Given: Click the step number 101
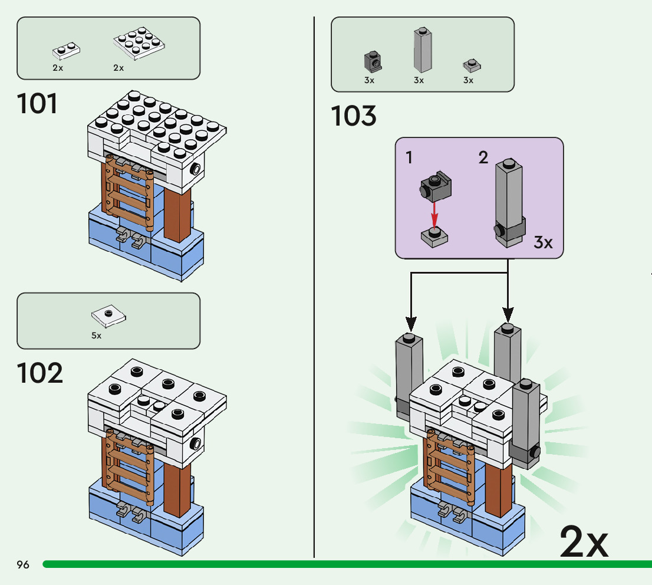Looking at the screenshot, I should point(38,104).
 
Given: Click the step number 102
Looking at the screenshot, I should point(39,373).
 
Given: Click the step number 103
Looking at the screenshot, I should point(353,116).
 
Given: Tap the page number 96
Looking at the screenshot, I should point(23,565).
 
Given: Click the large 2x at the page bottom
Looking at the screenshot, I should point(583,541).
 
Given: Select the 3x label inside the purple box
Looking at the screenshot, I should point(543,242).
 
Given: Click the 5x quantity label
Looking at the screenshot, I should point(96,336).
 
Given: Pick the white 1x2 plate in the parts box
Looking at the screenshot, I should point(66,50).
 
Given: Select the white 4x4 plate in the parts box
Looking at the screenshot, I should point(139,44).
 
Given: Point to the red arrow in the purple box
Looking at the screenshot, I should point(434,215).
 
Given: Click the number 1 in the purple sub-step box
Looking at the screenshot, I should point(409,157).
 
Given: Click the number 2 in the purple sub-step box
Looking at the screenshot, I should point(483,157).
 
